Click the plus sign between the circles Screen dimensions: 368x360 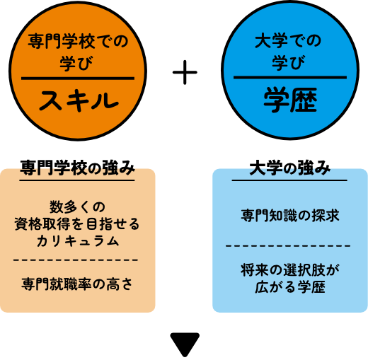tap(185, 72)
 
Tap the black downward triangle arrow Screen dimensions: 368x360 tap(185, 344)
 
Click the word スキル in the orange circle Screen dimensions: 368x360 tap(79, 100)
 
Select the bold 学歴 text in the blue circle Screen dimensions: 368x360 tap(290, 100)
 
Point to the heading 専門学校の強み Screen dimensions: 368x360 tap(77, 168)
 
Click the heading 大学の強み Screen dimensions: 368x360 tap(289, 168)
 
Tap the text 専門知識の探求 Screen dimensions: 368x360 tap(290, 215)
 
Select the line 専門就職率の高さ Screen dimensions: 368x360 tap(77, 284)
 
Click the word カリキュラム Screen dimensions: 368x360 tap(78, 241)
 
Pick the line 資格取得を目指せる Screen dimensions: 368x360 tap(77, 223)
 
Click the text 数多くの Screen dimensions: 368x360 tap(77, 207)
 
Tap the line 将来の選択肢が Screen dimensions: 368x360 tap(290, 270)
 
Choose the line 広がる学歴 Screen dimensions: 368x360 tap(290, 287)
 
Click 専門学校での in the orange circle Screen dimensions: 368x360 tap(78, 42)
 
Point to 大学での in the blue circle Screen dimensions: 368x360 tap(288, 41)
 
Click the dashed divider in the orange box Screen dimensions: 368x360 tap(76, 260)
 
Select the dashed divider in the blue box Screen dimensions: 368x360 tap(288, 246)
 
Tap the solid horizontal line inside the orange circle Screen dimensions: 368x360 tap(78, 79)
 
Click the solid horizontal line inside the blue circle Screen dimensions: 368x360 tap(290, 77)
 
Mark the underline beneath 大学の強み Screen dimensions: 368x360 tap(289, 180)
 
